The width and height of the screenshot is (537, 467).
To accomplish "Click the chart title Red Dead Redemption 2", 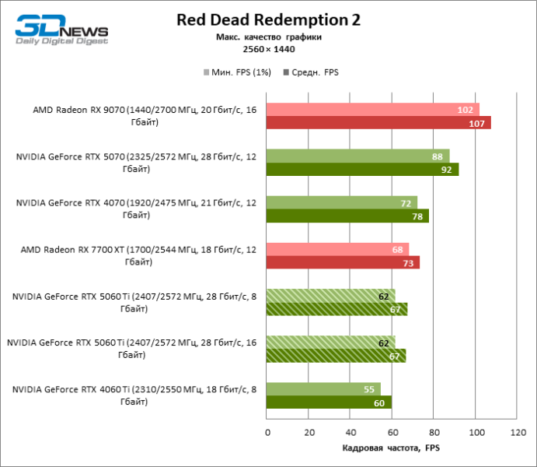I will [268, 19].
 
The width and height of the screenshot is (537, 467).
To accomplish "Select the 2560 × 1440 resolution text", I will [268, 49].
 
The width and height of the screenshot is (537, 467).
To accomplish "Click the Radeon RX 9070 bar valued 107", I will [378, 123].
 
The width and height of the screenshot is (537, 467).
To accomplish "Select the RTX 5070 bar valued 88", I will [357, 156].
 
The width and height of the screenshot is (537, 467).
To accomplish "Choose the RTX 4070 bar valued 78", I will [347, 216].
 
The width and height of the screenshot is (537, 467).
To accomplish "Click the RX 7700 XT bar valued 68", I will [337, 250].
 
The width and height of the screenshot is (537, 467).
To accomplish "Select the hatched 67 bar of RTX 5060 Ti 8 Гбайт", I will [336, 310].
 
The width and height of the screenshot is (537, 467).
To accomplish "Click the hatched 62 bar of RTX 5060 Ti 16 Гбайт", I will [331, 343].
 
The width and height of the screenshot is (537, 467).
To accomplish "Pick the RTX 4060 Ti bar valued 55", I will [323, 389].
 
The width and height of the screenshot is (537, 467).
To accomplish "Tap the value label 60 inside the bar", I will [379, 403].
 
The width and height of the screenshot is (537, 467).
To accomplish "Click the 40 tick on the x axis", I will [350, 431].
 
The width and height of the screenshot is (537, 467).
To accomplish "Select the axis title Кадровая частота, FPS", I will [391, 448].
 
